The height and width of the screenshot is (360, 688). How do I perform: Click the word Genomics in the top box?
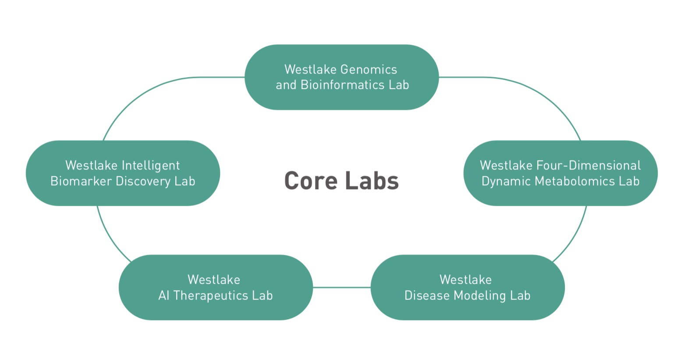(x=369, y=69)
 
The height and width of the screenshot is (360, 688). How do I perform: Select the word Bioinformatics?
(x=342, y=85)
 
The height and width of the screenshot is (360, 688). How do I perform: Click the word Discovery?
(x=143, y=182)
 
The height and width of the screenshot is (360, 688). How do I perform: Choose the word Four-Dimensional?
(x=589, y=166)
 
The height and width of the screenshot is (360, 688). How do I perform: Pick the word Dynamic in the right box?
(x=506, y=182)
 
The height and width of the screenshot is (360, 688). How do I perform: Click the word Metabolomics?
(x=575, y=181)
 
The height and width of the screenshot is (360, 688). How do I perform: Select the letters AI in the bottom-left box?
(x=163, y=296)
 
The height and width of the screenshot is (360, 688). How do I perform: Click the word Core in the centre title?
(x=311, y=181)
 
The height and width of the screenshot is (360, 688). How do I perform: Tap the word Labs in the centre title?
(x=372, y=180)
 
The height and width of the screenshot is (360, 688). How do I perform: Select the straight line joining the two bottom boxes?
(x=342, y=288)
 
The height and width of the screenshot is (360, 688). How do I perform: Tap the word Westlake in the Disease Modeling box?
(x=466, y=279)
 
